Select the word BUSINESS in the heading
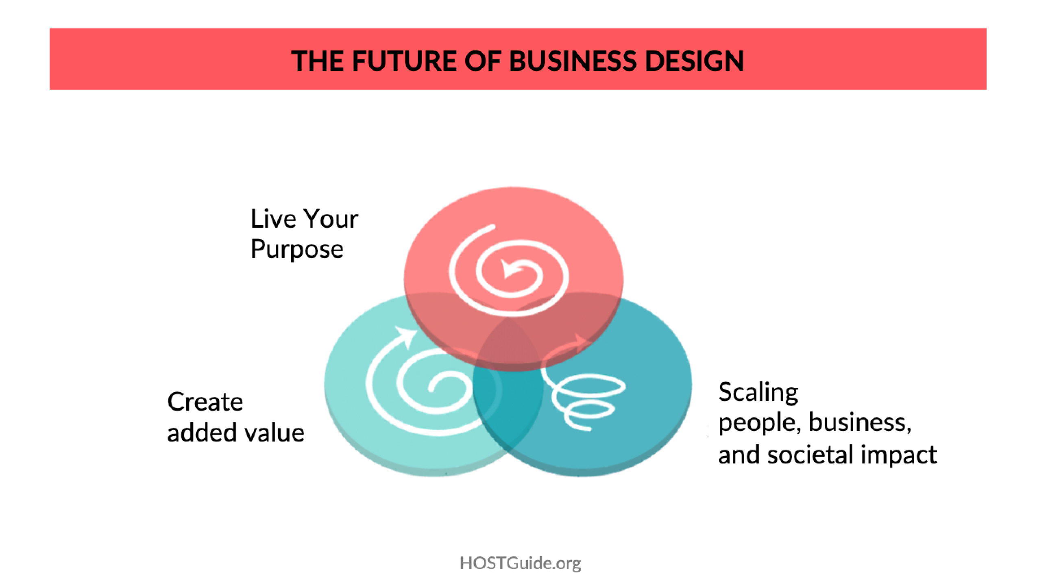pos(573,61)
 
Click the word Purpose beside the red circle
pos(297,249)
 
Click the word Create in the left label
pos(205,402)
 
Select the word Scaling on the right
pos(758,393)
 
